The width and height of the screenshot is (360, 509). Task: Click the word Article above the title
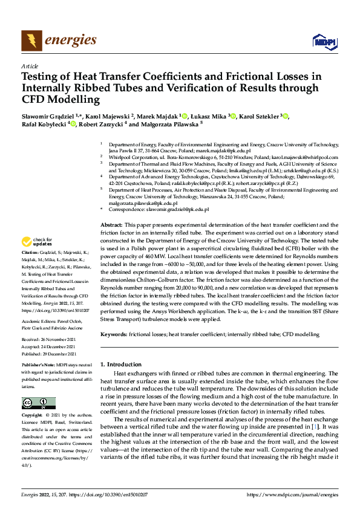[x=30, y=66]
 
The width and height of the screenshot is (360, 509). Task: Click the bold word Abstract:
[x=111, y=224]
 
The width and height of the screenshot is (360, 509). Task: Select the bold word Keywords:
[x=113, y=334]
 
